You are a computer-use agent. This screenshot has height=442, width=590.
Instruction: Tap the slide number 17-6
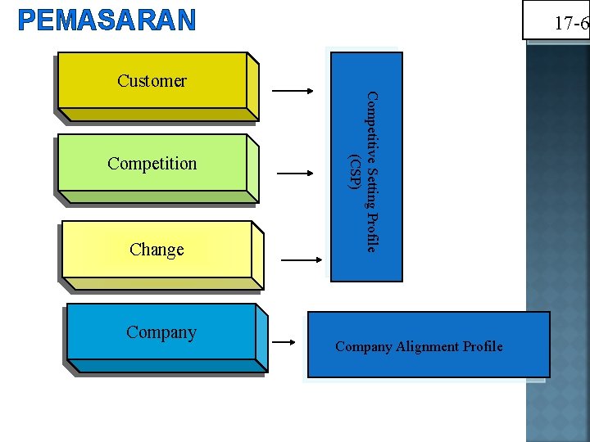tap(570, 24)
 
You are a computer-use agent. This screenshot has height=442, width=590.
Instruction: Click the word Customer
tap(152, 80)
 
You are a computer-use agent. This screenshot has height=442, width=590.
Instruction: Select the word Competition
tap(152, 164)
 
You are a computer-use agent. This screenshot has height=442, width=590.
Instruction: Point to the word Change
tap(157, 250)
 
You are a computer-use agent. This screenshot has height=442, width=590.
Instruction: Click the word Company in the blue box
tap(161, 332)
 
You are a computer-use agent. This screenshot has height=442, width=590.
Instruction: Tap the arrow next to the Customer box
tap(293, 91)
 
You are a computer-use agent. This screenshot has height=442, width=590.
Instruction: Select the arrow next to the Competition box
tap(296, 174)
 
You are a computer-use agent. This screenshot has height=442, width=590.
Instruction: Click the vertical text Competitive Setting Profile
tap(371, 172)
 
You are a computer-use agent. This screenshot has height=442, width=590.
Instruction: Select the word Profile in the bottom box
tap(484, 347)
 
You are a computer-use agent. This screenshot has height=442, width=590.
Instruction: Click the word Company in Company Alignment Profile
tap(364, 347)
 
